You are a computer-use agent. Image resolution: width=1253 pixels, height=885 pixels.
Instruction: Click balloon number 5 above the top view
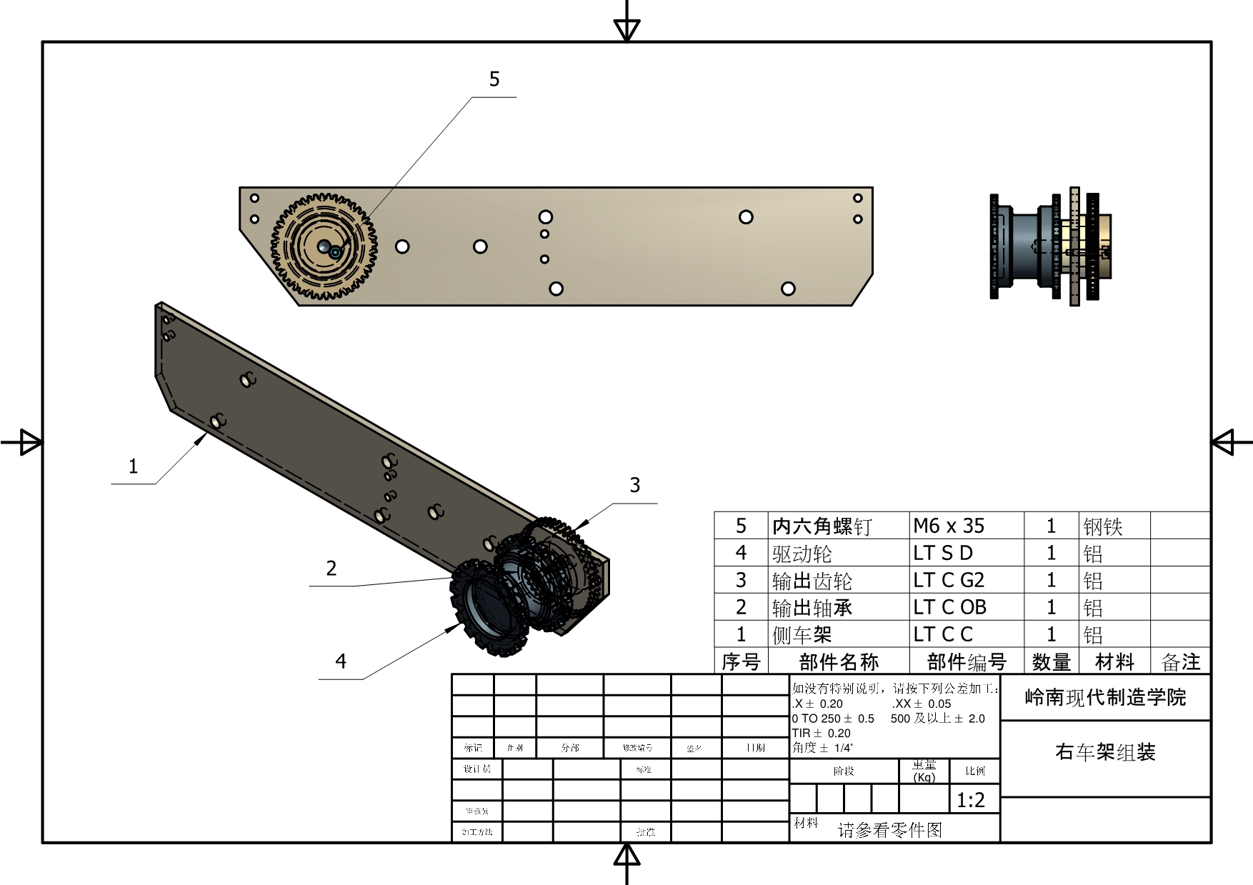[494, 79]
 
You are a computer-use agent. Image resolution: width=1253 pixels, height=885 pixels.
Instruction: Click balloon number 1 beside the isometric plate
[133, 466]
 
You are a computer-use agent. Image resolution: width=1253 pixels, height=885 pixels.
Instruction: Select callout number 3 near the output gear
[635, 485]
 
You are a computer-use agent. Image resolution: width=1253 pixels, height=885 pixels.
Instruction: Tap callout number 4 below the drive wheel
[341, 661]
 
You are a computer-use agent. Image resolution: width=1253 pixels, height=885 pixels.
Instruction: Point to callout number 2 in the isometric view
[331, 569]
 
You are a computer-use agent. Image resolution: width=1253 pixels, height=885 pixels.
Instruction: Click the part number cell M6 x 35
[949, 526]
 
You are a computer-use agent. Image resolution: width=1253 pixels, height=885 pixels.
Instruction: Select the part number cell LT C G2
[949, 580]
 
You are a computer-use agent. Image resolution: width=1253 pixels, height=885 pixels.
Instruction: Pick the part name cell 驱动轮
[802, 554]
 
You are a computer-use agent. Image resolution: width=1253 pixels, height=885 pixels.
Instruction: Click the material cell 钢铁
[1103, 527]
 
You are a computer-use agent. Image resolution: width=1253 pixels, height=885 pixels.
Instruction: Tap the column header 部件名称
[839, 662]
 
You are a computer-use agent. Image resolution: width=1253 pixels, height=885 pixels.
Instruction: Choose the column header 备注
[1181, 662]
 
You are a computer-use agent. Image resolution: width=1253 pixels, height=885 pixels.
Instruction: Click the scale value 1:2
[971, 800]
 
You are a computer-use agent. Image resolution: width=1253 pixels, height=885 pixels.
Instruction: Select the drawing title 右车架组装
[1105, 752]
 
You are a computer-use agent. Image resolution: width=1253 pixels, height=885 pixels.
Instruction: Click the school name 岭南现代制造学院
[1105, 697]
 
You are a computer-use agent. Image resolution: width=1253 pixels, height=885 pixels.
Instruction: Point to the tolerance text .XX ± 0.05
[922, 704]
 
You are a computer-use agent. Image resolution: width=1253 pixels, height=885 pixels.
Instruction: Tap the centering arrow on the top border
[626, 29]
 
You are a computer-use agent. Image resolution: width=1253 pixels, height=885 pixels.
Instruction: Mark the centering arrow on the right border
[1224, 441]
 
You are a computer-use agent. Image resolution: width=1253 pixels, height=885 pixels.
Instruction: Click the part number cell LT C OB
[949, 607]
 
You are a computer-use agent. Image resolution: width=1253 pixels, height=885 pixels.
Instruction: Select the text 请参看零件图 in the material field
[890, 830]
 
